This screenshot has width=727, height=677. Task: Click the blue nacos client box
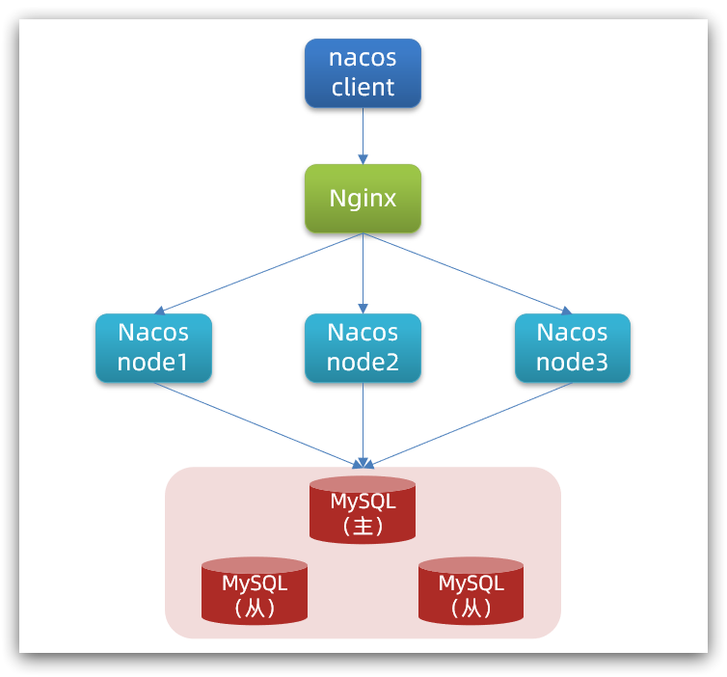(363, 73)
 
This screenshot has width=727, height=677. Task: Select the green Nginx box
(363, 199)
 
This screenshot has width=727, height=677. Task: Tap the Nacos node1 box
(153, 348)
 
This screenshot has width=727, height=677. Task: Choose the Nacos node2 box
(363, 348)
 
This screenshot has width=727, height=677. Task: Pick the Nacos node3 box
(572, 348)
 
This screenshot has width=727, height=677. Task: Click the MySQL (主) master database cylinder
(363, 510)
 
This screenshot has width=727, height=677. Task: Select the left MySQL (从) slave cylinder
(255, 591)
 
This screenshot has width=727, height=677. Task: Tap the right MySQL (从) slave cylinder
(471, 591)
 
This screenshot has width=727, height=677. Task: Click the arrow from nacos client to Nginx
(363, 135)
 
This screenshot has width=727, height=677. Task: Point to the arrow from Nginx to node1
(258, 273)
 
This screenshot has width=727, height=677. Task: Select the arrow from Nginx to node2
(363, 273)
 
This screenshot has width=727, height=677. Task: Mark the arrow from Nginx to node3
(468, 273)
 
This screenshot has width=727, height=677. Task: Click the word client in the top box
(363, 88)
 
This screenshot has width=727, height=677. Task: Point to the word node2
(363, 363)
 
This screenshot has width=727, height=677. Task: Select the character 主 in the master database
(363, 526)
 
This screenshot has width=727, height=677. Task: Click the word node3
(572, 363)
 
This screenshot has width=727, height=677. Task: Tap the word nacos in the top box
(363, 58)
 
